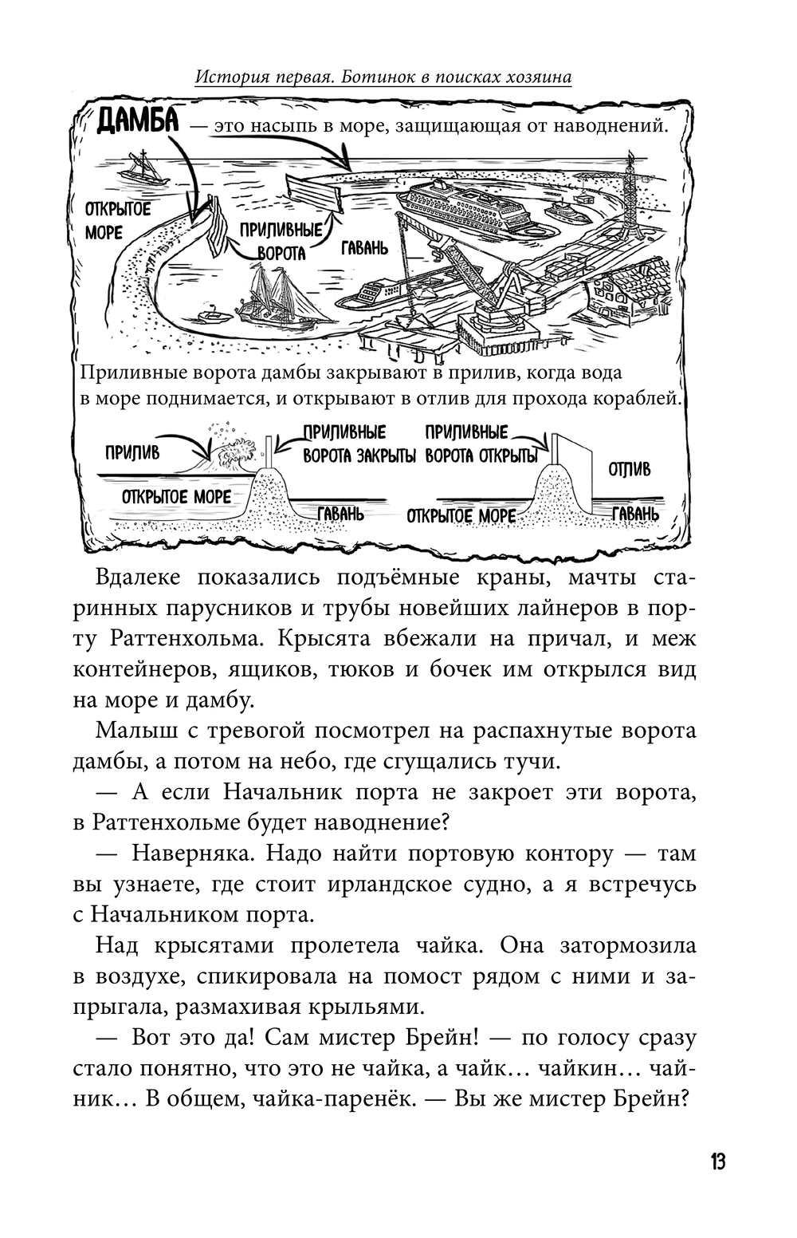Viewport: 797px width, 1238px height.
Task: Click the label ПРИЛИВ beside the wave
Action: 132,452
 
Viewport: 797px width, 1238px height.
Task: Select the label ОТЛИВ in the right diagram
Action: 629,469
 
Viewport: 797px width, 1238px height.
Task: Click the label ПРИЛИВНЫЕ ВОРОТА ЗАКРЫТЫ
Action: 359,444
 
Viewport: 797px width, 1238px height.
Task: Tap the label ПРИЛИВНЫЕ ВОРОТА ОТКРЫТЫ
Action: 479,444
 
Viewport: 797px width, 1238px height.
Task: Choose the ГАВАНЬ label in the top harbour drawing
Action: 365,248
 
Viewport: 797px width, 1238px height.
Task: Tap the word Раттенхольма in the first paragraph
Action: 169,639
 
